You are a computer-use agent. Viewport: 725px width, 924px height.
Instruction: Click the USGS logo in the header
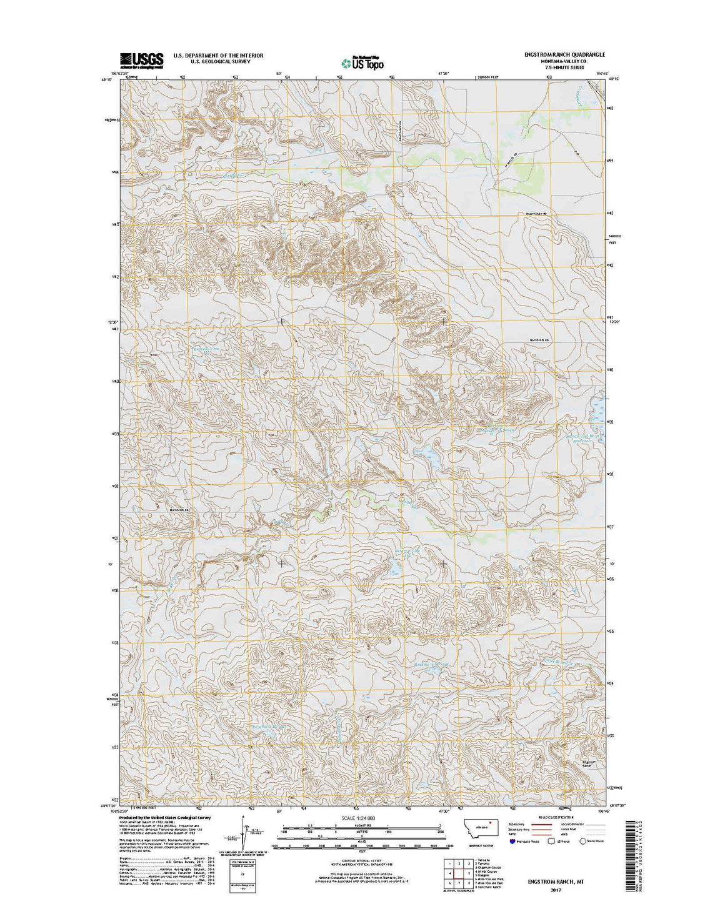pyautogui.click(x=141, y=59)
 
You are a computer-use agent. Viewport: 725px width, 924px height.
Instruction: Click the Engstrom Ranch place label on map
pyautogui.click(x=586, y=763)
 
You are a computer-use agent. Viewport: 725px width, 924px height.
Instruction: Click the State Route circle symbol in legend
pyautogui.click(x=584, y=842)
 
